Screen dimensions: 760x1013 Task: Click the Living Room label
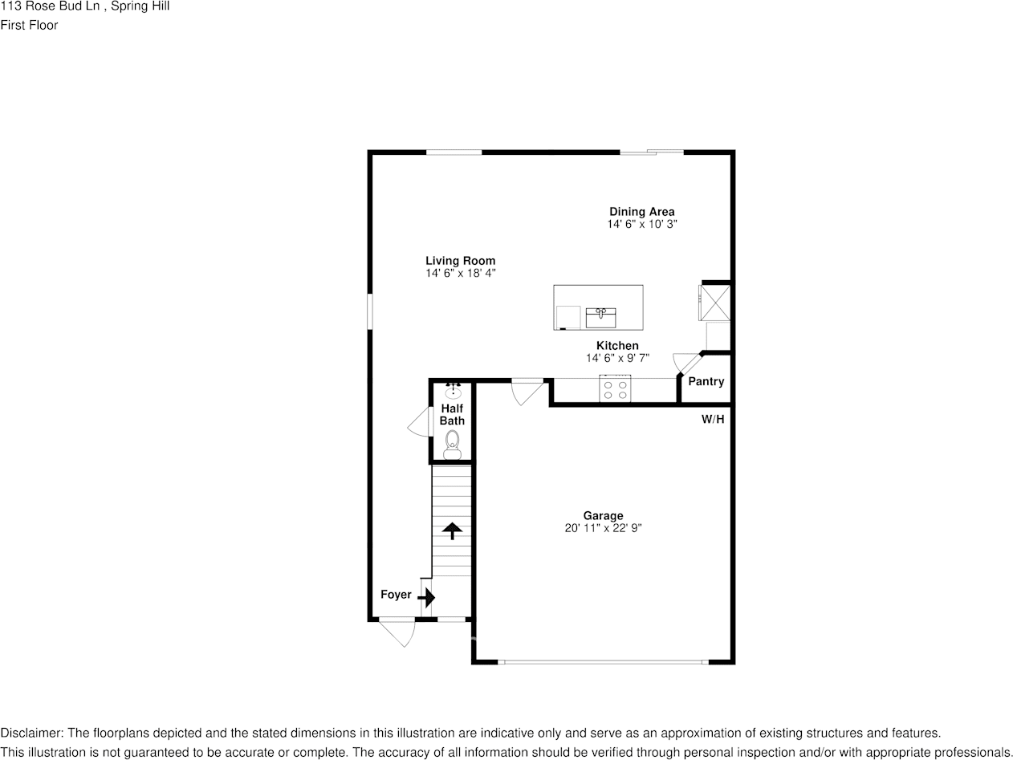click(460, 261)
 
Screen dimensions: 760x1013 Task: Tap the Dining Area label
click(641, 212)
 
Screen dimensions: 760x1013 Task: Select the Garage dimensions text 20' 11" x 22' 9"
click(603, 528)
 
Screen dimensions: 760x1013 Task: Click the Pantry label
click(706, 382)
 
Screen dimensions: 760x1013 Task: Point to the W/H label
click(713, 419)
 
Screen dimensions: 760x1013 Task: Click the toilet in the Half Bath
click(452, 444)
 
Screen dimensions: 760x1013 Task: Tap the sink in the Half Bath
click(453, 390)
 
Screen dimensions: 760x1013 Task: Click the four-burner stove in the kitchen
click(615, 390)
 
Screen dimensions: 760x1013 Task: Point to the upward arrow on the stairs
click(452, 530)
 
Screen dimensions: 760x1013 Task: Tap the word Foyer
click(396, 595)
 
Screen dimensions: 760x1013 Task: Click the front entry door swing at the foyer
click(399, 632)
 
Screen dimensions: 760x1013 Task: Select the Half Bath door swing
click(419, 422)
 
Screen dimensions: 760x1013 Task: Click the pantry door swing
click(686, 362)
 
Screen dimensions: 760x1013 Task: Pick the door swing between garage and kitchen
click(527, 391)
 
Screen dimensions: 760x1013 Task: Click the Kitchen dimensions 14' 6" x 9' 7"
click(617, 358)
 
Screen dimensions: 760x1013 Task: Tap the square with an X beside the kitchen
click(715, 302)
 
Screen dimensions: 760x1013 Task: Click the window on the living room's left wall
click(370, 311)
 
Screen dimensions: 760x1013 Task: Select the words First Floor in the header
click(29, 25)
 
